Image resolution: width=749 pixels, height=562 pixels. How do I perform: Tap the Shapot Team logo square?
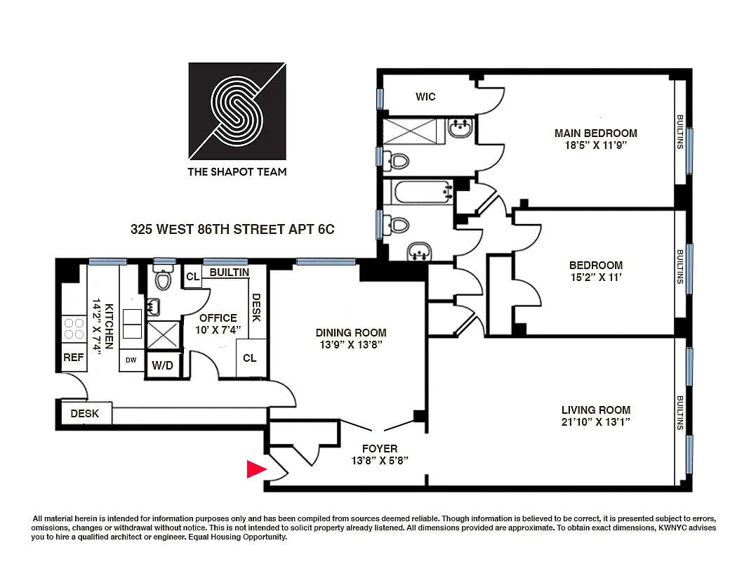237,111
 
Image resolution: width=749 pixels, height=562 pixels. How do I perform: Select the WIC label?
425,96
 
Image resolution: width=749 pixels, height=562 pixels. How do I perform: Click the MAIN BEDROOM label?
595,133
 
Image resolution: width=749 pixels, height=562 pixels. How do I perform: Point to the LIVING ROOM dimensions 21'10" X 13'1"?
595,422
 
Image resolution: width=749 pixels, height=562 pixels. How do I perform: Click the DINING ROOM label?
351,333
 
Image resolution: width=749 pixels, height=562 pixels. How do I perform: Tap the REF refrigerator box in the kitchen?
74,358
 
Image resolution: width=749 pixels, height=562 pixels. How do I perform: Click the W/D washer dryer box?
163,365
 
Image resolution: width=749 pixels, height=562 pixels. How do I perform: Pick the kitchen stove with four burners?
74,329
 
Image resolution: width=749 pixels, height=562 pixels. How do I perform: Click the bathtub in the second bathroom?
418,191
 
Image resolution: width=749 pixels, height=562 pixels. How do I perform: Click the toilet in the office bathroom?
164,280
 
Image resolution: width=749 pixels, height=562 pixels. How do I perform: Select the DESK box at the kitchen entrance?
84,414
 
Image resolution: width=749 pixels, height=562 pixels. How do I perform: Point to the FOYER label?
380,448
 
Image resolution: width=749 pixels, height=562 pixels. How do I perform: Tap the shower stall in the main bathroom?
409,131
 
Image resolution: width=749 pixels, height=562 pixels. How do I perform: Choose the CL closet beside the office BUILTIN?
192,277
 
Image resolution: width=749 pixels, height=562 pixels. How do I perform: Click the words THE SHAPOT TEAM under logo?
237,171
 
